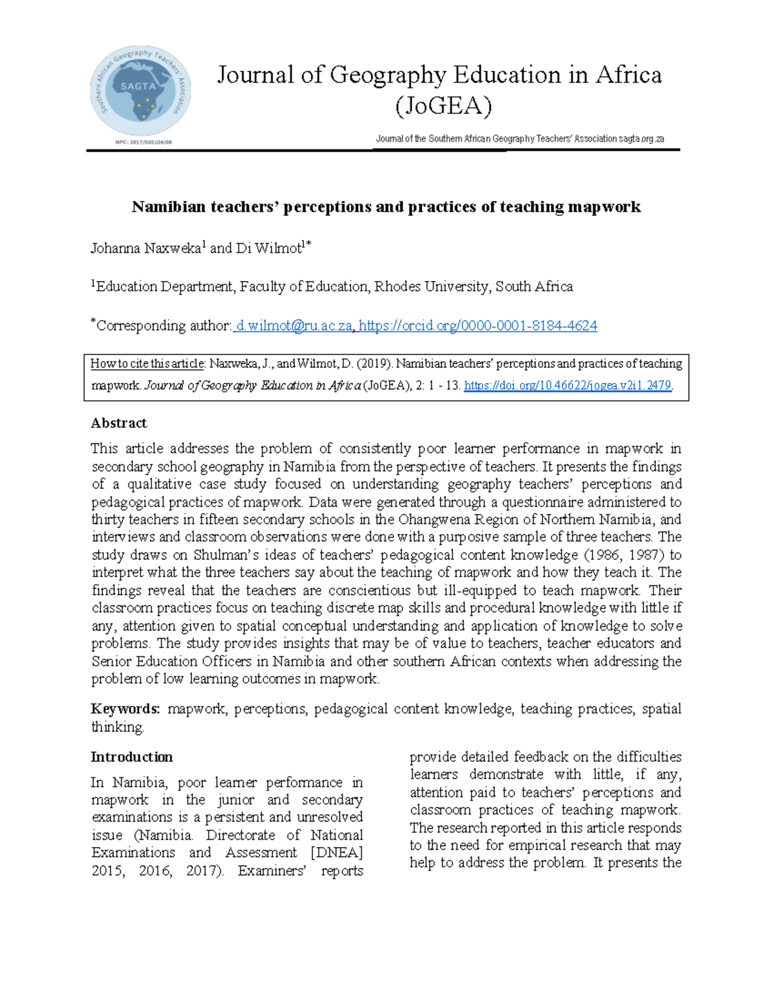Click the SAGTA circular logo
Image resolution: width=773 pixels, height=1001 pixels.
click(140, 90)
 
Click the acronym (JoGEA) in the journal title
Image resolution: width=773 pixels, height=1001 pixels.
click(443, 106)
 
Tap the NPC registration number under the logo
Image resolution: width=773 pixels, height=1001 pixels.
click(144, 142)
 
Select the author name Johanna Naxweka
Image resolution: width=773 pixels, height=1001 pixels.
click(146, 248)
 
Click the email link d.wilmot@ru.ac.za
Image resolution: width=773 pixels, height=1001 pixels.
click(294, 326)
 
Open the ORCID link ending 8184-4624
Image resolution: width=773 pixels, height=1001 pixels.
click(478, 326)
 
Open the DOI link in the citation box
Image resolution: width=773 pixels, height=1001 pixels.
click(568, 385)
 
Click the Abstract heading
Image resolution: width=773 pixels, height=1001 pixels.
click(119, 423)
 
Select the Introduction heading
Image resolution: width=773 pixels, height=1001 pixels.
click(131, 757)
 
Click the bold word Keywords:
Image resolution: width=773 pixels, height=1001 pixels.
click(125, 709)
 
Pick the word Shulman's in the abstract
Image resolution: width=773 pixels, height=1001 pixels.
click(244, 555)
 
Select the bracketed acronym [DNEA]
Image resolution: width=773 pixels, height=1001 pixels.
click(336, 853)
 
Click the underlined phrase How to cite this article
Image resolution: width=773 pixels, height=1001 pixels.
click(147, 364)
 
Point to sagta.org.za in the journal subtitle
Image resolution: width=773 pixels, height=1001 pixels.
click(641, 139)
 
